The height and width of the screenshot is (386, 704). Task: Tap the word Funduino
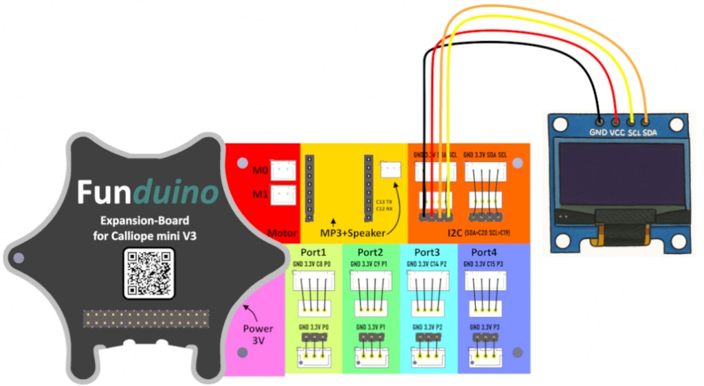(147, 193)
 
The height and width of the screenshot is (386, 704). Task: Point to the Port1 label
(313, 251)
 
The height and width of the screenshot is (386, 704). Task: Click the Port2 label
(371, 251)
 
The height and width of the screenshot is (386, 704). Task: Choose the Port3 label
(428, 251)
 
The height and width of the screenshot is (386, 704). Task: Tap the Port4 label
(485, 251)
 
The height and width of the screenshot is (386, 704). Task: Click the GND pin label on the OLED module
(597, 133)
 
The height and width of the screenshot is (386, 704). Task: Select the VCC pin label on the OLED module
(616, 133)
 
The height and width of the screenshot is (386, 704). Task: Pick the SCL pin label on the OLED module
(634, 133)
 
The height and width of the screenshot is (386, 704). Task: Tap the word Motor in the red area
(283, 234)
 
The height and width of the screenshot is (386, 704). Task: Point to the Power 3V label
(258, 334)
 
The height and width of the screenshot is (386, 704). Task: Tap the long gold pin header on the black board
(146, 319)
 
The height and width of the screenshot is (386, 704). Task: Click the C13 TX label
(384, 201)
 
